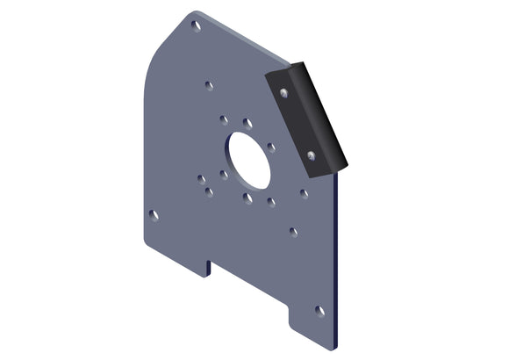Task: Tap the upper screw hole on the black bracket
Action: tap(283, 90)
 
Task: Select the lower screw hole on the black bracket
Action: tap(312, 155)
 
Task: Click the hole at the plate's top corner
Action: tap(196, 25)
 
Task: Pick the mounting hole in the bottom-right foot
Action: tap(319, 311)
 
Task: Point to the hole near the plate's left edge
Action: tap(154, 214)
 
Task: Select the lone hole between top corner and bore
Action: tap(209, 85)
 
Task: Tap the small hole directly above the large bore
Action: tap(247, 123)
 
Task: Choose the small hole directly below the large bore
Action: tap(248, 198)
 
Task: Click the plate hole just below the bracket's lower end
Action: tap(304, 193)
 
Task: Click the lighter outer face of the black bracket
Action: tap(320, 114)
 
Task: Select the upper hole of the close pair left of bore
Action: tap(201, 178)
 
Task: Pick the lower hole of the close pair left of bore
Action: tap(209, 191)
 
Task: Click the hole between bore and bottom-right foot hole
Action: tap(293, 233)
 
